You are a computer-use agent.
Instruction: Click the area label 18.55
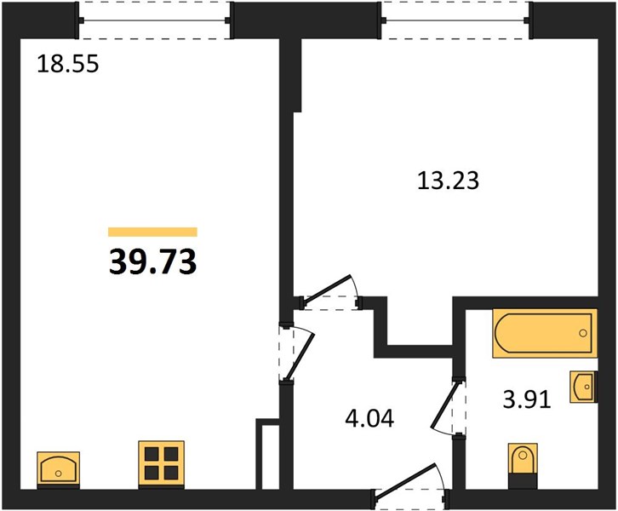(67, 64)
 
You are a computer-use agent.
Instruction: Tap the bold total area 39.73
(152, 262)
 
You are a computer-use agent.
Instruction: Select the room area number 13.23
(448, 181)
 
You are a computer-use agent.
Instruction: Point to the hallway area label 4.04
(369, 418)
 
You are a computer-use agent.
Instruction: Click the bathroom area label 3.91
(527, 399)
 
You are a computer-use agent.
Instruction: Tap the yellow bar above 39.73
(152, 232)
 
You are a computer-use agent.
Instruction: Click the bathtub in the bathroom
(545, 333)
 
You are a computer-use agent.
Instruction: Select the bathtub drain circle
(583, 333)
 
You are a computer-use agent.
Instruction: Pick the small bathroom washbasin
(583, 387)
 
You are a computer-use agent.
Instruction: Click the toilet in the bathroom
(523, 466)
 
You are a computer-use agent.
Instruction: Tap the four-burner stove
(161, 463)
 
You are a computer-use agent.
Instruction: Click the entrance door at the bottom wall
(410, 485)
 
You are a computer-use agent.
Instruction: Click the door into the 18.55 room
(300, 353)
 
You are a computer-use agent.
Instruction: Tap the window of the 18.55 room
(154, 20)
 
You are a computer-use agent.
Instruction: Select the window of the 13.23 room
(456, 20)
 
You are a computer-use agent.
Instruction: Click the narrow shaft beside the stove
(271, 457)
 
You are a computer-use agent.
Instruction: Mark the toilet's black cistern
(523, 481)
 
